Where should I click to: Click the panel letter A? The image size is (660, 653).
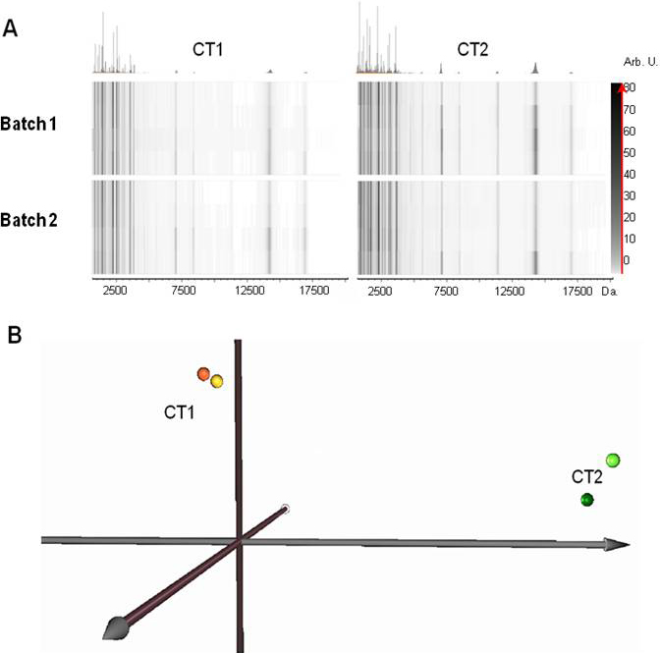point(12,29)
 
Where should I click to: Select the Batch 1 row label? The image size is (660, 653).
point(34,130)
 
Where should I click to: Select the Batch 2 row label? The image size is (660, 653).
point(34,220)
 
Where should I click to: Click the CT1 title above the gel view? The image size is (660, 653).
point(207,48)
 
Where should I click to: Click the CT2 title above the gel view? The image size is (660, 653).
point(476,48)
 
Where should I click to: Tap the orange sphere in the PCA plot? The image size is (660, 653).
point(203,374)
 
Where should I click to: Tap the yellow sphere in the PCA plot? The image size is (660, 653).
point(217,380)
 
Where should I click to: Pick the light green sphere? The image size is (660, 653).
point(613,460)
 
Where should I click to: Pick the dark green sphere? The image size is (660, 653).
point(586,500)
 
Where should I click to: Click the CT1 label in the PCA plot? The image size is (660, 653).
point(179,412)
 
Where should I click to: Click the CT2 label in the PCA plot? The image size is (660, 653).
point(586,477)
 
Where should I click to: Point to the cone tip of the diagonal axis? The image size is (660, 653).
point(114,626)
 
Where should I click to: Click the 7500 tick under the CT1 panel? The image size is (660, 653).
point(183,291)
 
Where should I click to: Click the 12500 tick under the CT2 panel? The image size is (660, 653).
point(511,291)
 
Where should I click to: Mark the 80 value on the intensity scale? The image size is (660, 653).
point(628,88)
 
